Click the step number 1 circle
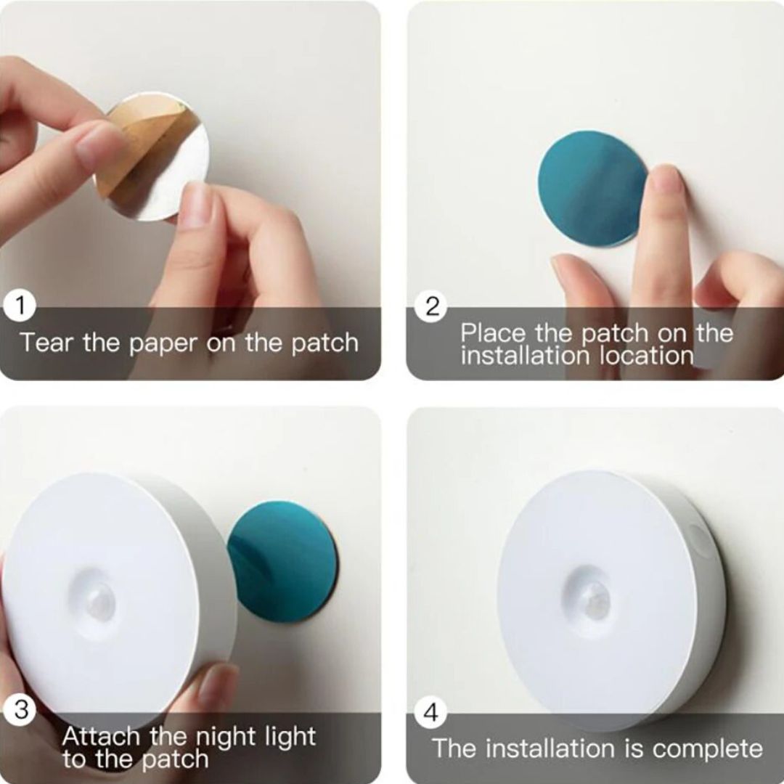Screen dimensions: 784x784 pyautogui.click(x=20, y=306)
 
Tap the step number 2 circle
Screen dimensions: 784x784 pyautogui.click(x=432, y=306)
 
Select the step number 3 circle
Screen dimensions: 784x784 pyautogui.click(x=20, y=710)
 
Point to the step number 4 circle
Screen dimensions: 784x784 pyautogui.click(x=431, y=713)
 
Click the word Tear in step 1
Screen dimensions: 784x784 pyautogui.click(x=46, y=343)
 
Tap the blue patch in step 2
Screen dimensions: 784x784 pyautogui.click(x=592, y=189)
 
